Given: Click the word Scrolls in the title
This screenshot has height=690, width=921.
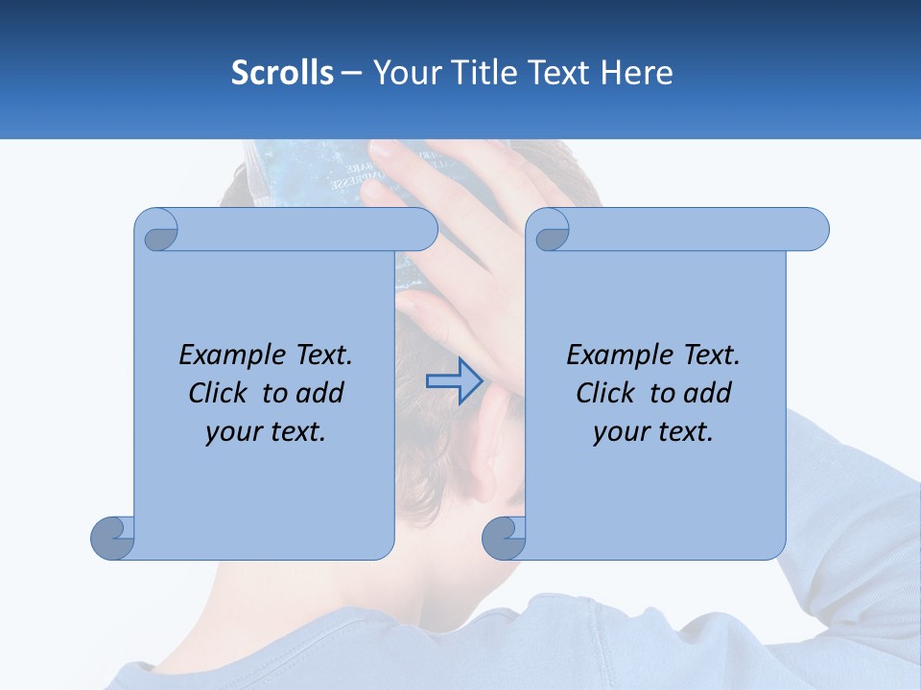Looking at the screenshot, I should coord(282,73).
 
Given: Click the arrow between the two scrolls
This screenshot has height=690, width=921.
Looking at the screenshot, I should coord(454,381).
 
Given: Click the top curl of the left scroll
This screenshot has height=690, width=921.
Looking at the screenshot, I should coord(157,230).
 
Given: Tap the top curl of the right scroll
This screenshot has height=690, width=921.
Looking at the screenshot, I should coord(550,230).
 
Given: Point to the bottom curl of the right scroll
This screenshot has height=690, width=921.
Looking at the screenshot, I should coord(504,538).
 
